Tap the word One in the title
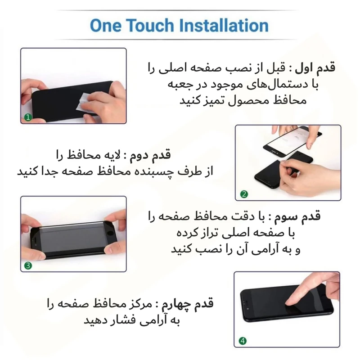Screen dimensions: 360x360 105,25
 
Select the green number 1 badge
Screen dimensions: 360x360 28,117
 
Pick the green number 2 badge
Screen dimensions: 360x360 244,194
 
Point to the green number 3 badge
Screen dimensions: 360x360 28,266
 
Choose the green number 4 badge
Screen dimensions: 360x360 243,341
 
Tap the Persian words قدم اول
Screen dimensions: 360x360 315,68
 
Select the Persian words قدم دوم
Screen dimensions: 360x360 151,155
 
